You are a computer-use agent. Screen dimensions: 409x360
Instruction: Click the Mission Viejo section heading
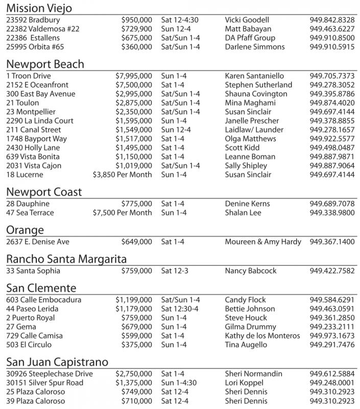(39, 8)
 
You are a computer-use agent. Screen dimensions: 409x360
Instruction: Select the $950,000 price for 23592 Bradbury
(136, 20)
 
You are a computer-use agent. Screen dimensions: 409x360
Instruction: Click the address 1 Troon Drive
(29, 76)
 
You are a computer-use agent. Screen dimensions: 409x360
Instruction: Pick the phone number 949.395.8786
(332, 94)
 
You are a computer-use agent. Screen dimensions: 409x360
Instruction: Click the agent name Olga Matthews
(251, 139)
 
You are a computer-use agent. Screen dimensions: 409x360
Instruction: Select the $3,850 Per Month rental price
(123, 175)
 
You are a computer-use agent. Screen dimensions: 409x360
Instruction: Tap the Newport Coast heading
(44, 192)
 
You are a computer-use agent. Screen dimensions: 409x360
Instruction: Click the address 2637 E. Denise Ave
(37, 242)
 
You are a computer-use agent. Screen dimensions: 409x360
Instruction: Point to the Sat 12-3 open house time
(174, 271)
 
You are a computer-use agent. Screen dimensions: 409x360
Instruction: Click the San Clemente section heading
(41, 288)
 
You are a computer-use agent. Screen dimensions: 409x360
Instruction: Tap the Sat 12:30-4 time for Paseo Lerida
(181, 309)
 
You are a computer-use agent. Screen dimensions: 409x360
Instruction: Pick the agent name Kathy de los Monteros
(262, 336)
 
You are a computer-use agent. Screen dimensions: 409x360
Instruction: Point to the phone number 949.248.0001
(332, 383)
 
